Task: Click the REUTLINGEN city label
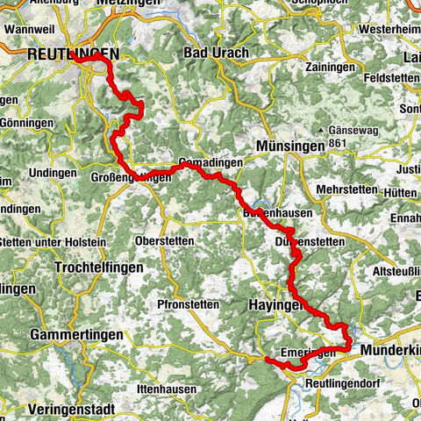pos(60,54)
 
